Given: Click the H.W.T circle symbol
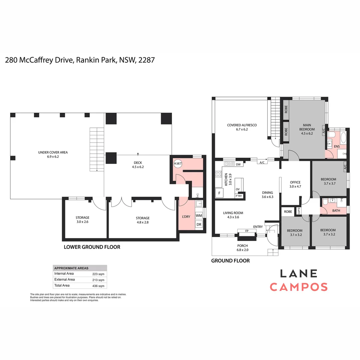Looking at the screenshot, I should click(178, 163).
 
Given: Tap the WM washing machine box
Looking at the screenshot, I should click(199, 216).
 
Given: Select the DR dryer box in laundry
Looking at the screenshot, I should click(199, 225).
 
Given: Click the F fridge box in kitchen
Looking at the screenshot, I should click(219, 193).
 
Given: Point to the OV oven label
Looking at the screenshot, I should click(238, 189).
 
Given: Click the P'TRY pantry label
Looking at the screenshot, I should click(239, 196).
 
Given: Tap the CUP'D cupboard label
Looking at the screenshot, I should click(299, 211).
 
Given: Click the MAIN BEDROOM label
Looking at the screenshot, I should click(307, 127).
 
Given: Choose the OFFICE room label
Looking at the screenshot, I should click(295, 182).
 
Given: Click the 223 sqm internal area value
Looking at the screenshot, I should click(98, 274).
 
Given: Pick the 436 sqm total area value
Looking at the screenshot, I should click(98, 286).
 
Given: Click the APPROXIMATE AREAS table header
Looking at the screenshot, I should click(71, 268).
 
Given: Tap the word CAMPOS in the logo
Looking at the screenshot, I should click(298, 287).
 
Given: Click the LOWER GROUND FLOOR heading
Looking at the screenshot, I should click(92, 247).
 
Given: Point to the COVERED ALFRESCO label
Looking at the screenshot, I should click(242, 125).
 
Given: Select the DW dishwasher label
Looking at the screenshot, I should click(238, 164).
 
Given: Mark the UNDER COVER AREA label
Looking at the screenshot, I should click(53, 152).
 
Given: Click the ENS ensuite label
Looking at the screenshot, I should click(337, 146).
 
